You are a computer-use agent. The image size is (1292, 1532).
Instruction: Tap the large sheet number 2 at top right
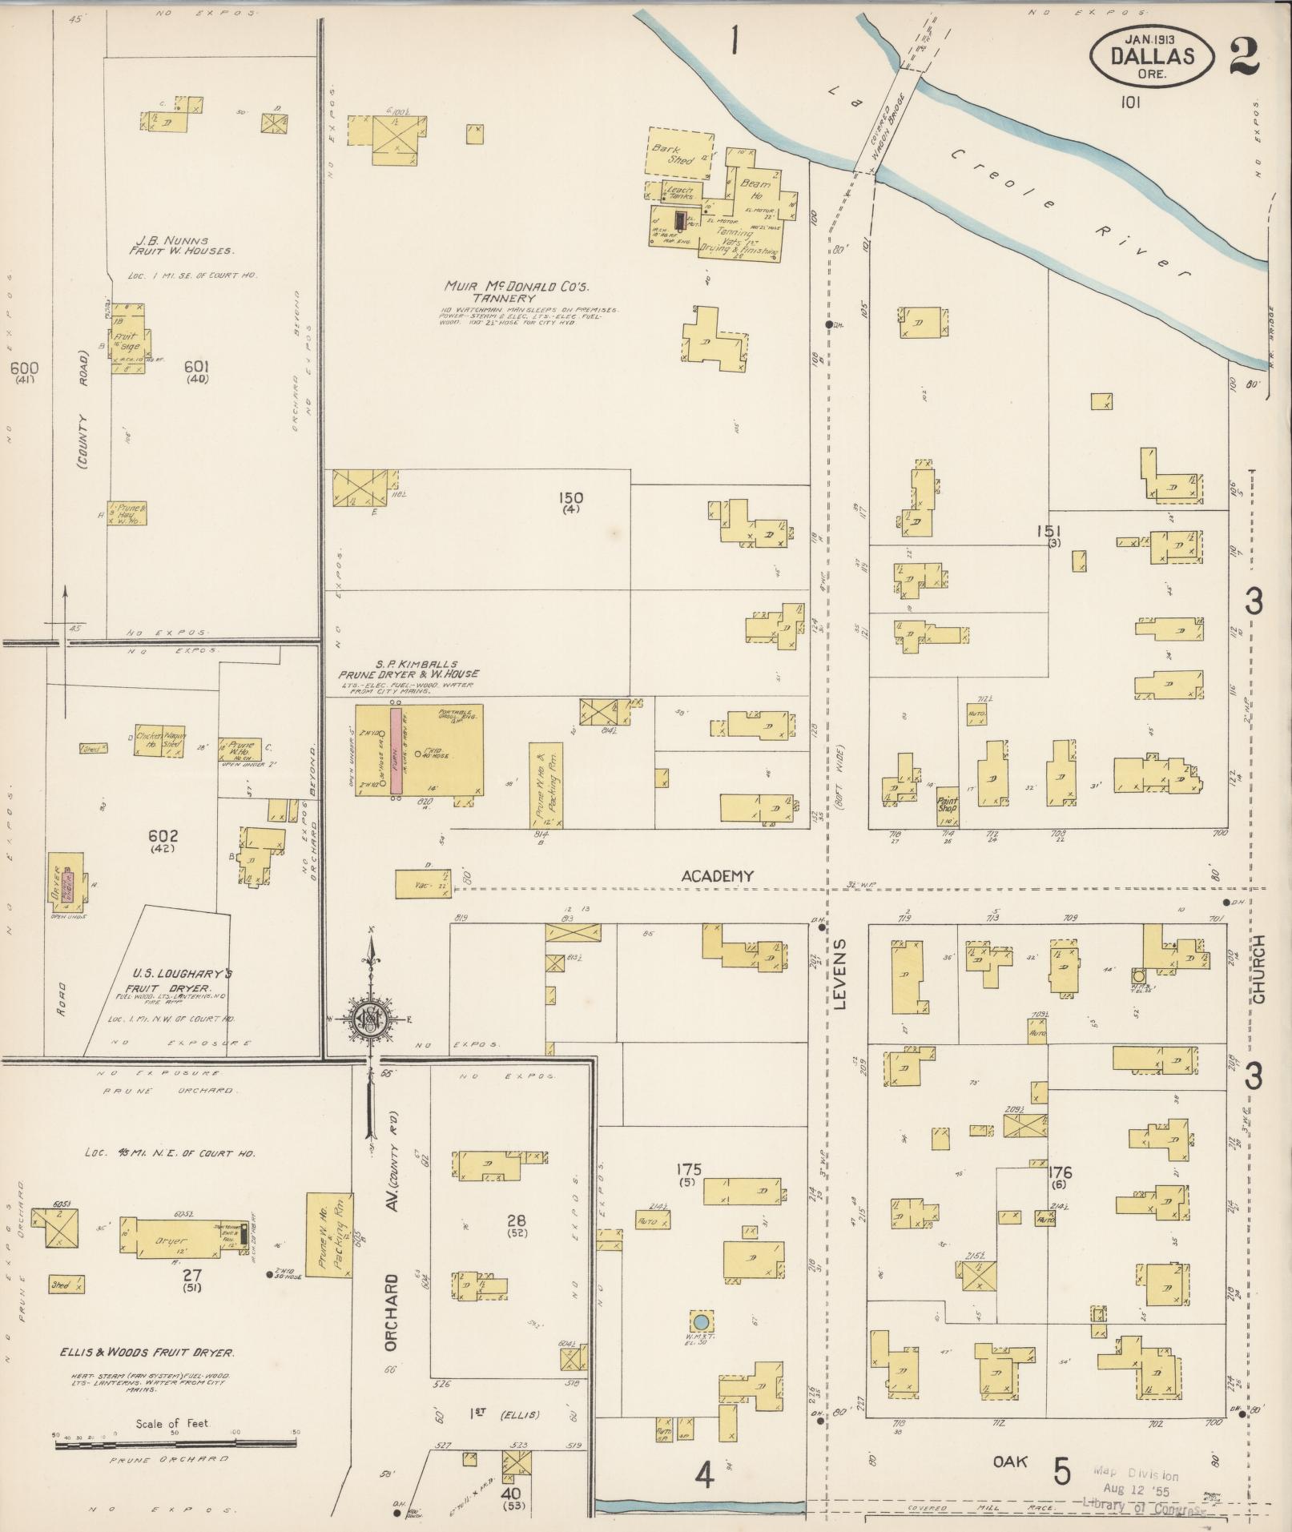coord(1242,55)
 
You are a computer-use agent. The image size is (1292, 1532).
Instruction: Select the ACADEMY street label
coord(717,876)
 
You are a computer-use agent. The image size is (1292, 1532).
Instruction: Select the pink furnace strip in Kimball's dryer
coord(395,750)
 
